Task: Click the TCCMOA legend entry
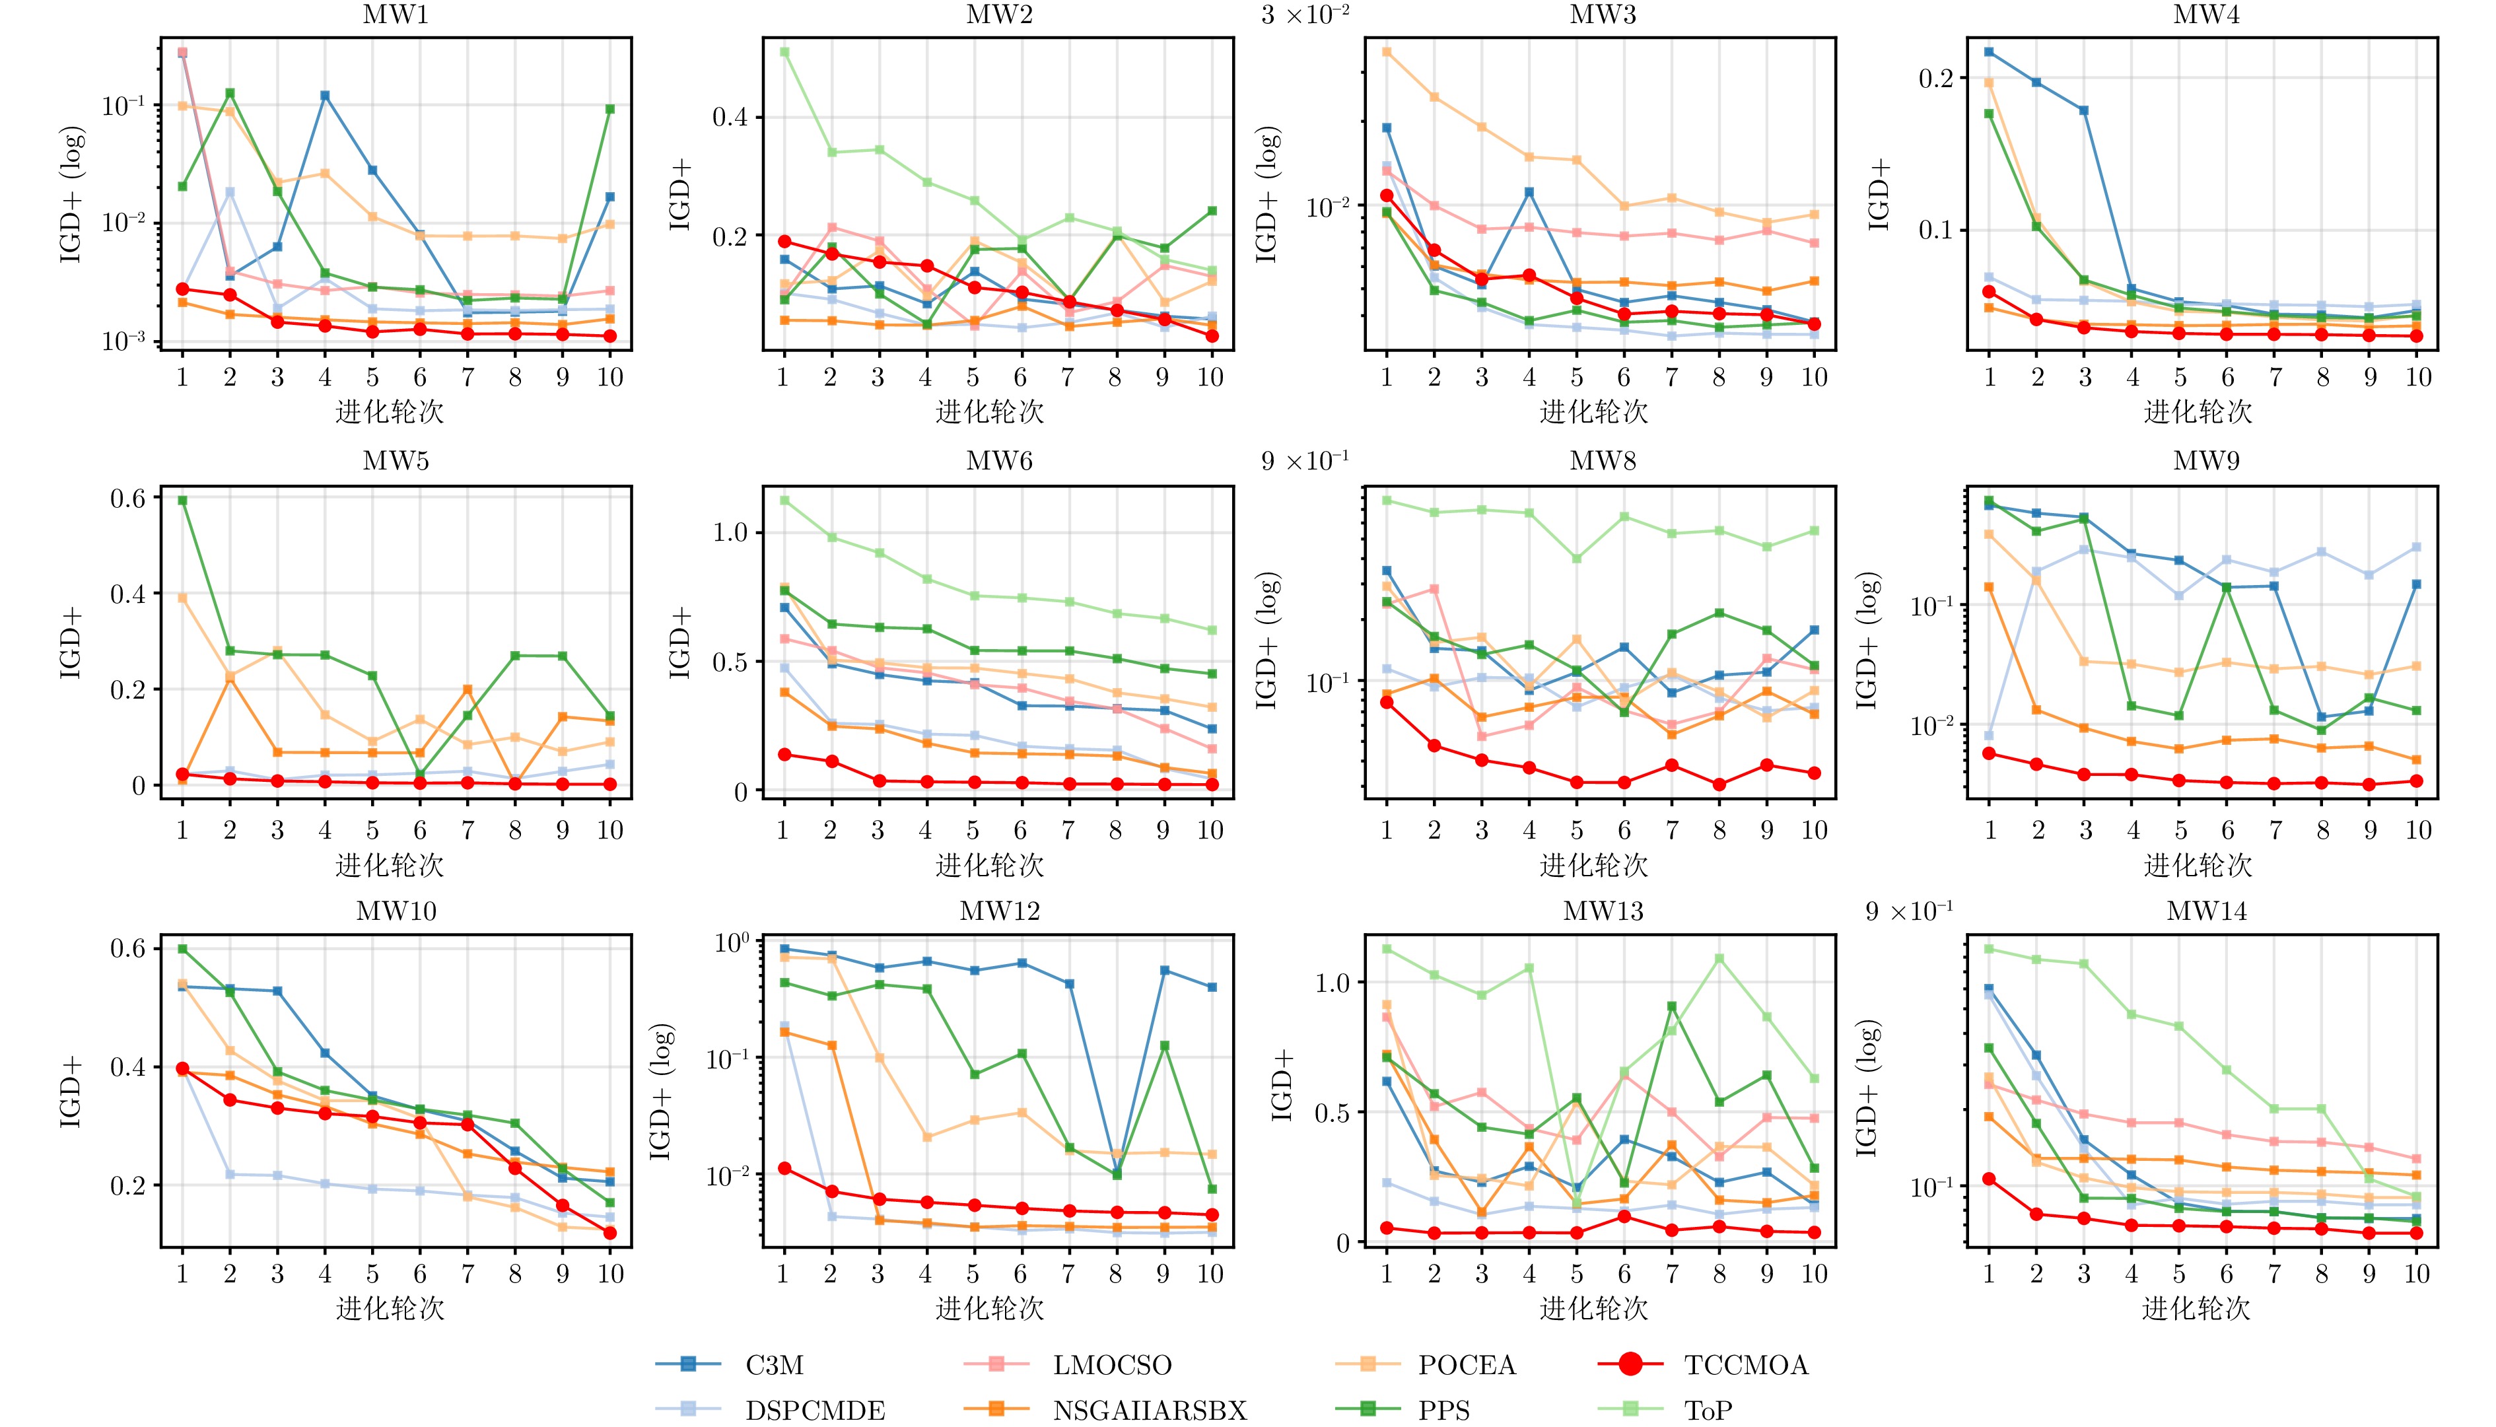[1745, 1364]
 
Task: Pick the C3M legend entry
[774, 1364]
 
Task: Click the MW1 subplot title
[396, 15]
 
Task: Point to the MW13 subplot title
[1603, 911]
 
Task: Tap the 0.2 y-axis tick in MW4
[1935, 79]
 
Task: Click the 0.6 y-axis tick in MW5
[127, 498]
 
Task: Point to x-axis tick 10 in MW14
[2417, 1273]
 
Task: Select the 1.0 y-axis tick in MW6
[728, 532]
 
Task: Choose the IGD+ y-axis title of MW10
[71, 1091]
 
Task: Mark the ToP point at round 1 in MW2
[784, 52]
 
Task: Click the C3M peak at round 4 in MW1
[324, 96]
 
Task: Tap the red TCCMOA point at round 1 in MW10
[182, 1068]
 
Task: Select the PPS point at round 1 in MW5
[182, 501]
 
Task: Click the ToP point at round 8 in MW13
[1719, 959]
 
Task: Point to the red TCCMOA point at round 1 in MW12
[784, 1168]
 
